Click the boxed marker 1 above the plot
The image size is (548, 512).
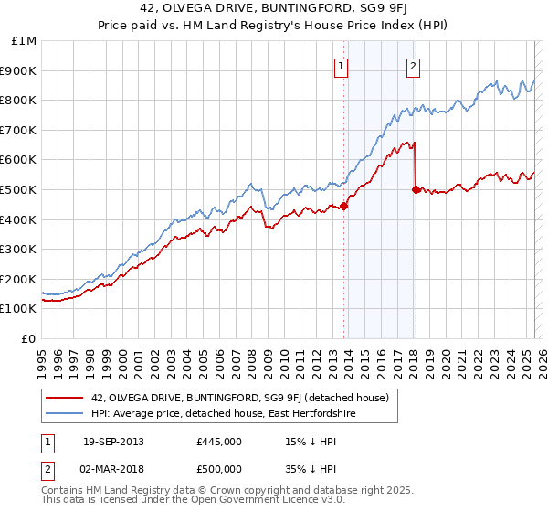tap(341, 66)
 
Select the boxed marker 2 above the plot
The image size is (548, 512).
tap(414, 66)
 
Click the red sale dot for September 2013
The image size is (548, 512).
tap(344, 206)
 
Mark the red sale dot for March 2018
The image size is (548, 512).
tap(416, 189)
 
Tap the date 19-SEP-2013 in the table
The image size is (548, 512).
tap(112, 442)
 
